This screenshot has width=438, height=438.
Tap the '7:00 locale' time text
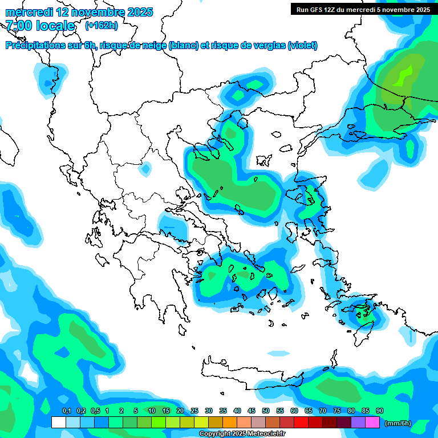pyautogui.click(x=40, y=26)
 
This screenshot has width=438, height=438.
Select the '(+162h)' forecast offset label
pyautogui.click(x=102, y=26)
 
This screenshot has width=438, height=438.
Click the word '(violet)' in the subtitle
pyautogui.click(x=303, y=46)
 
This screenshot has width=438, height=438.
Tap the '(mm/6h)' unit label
pyautogui.click(x=398, y=423)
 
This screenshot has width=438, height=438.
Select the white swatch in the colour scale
pyautogui.click(x=58, y=423)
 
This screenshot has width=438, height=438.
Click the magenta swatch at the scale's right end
pyautogui.click(x=372, y=423)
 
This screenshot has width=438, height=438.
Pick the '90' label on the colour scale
pyautogui.click(x=379, y=411)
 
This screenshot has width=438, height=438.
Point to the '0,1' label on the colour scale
pyautogui.click(x=67, y=411)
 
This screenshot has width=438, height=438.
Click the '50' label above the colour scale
pyautogui.click(x=265, y=411)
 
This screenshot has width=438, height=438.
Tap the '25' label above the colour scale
pyautogui.click(x=194, y=411)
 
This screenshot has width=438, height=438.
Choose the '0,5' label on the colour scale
pyautogui.click(x=95, y=411)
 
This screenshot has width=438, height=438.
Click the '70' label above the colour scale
pyautogui.click(x=322, y=411)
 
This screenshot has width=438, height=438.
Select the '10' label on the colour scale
pyautogui.click(x=151, y=411)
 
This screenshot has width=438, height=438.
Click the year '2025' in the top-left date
pyautogui.click(x=139, y=12)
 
